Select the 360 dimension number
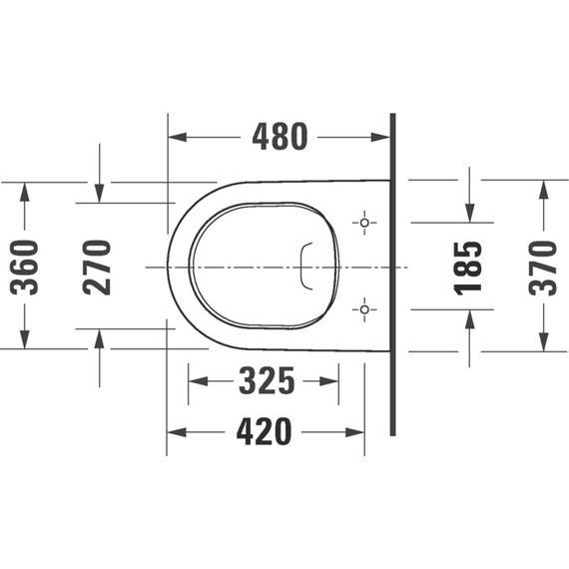[25, 267]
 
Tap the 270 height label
[98, 267]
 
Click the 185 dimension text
[468, 267]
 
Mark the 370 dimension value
[542, 267]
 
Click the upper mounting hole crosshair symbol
[364, 222]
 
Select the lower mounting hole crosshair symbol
[364, 308]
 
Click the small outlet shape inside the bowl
[306, 266]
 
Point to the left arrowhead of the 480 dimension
[175, 136]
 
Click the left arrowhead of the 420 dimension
[175, 432]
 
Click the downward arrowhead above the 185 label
[468, 214]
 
